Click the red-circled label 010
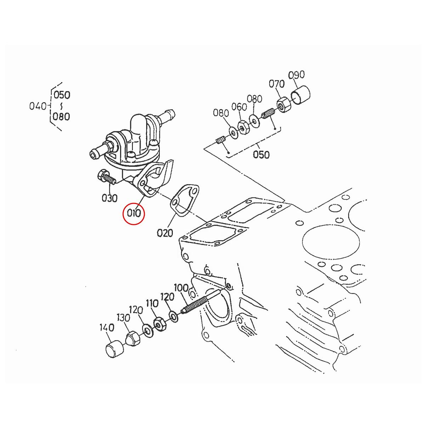(134, 214)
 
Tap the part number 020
(165, 233)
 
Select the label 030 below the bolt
(109, 198)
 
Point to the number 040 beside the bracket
(38, 106)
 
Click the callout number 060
(239, 107)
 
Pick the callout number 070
(277, 84)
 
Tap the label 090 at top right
(296, 75)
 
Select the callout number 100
(181, 288)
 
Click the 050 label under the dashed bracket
(261, 155)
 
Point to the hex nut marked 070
(283, 105)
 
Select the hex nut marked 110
(159, 324)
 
